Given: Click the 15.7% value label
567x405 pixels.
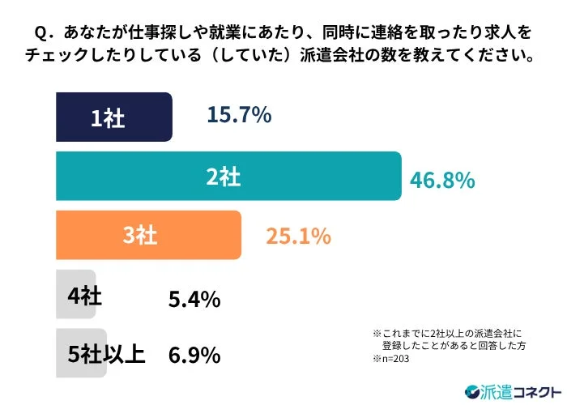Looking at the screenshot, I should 238,117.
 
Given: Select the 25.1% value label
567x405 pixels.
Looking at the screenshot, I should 298,237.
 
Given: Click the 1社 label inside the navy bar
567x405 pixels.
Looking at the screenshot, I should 108,119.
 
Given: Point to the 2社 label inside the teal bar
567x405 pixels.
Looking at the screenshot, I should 223,177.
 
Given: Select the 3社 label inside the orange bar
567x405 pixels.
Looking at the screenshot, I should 139,237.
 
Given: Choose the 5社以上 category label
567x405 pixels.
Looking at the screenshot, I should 104,355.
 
